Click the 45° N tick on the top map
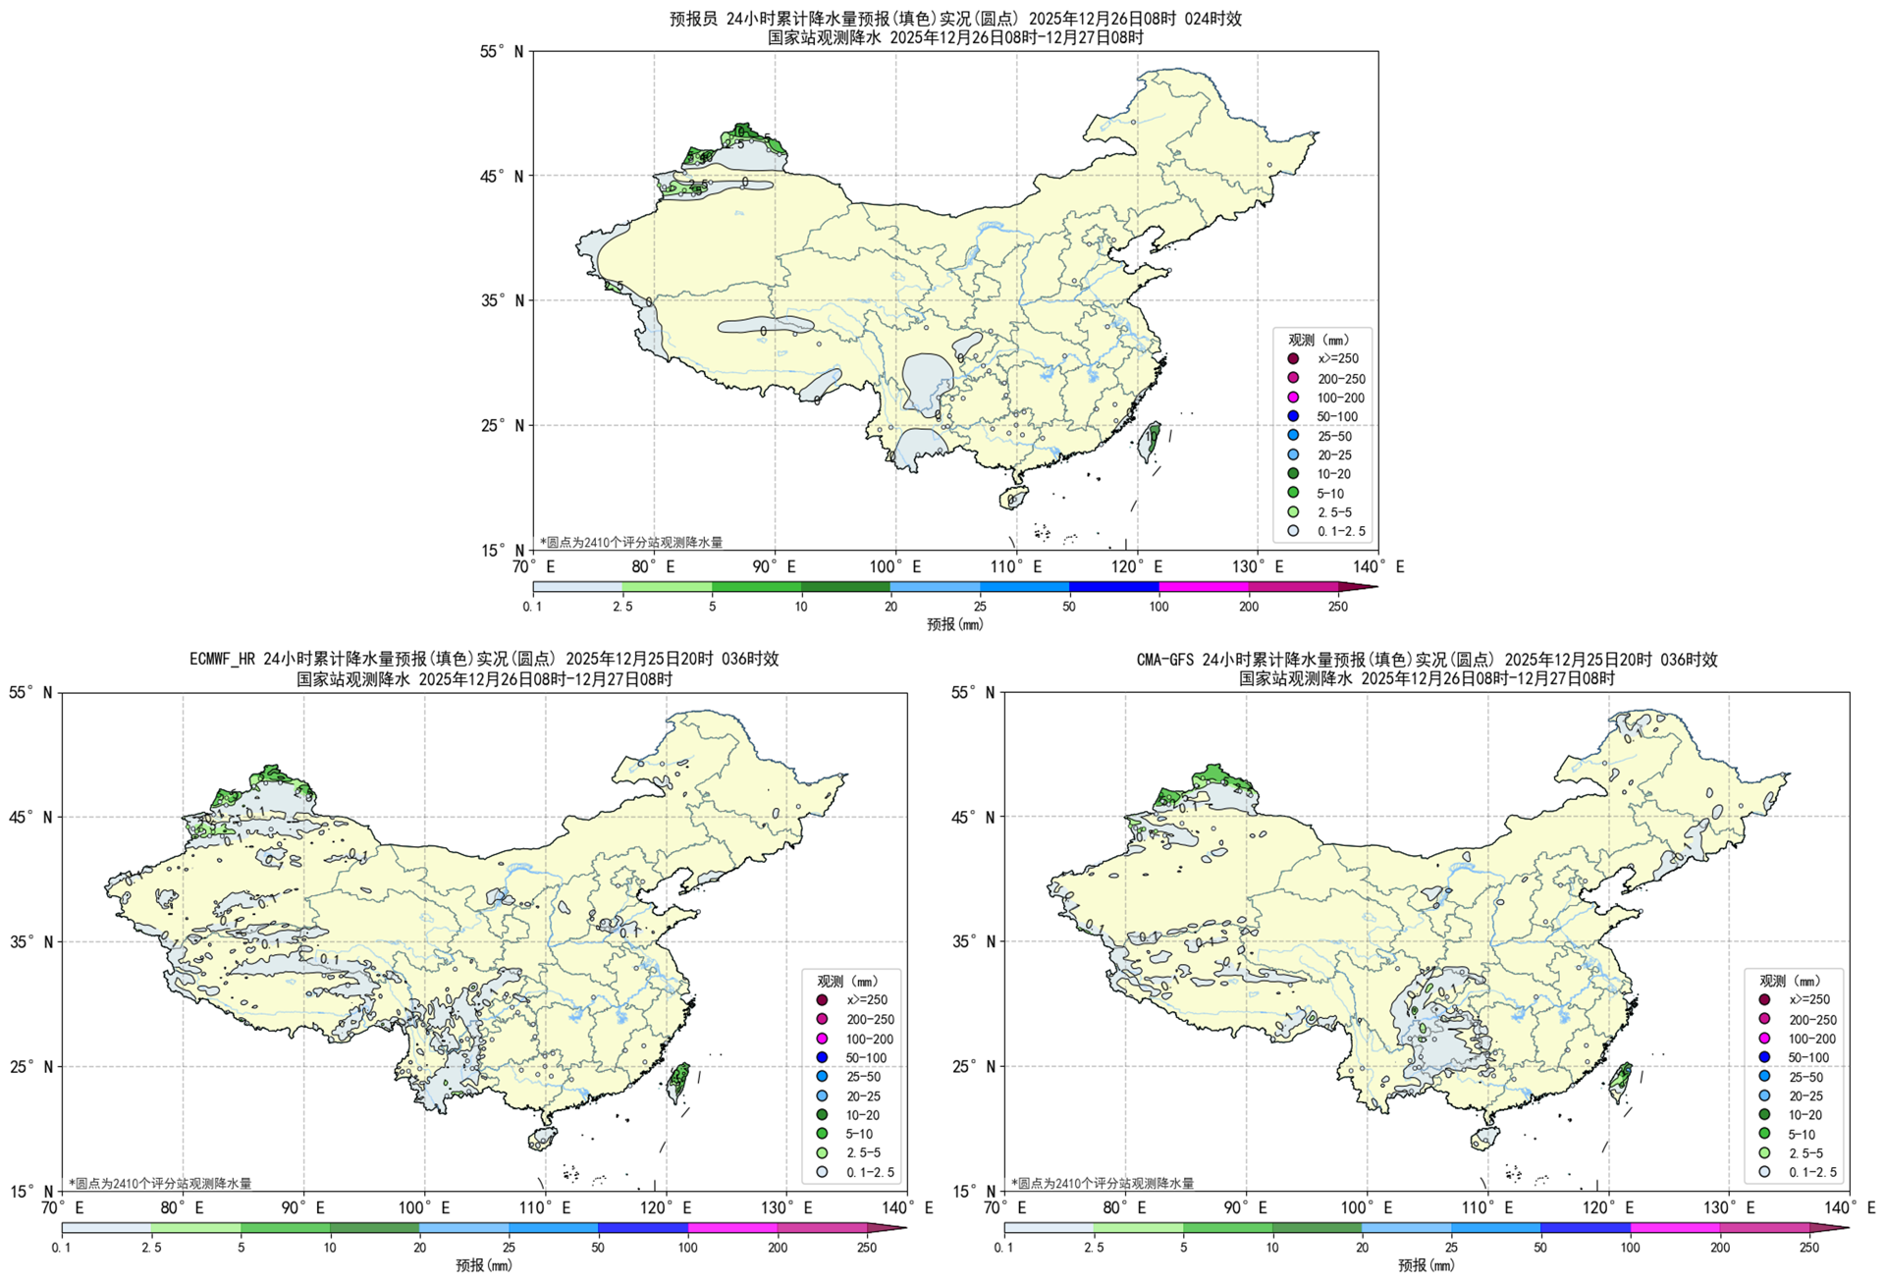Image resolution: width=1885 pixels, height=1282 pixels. (505, 177)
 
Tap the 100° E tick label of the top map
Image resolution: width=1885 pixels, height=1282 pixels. (894, 567)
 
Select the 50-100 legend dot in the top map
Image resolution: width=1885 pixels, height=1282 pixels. (1293, 417)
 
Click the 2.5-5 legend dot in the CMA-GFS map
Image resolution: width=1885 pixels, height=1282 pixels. (1764, 1152)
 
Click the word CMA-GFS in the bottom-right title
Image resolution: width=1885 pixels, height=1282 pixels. (1165, 660)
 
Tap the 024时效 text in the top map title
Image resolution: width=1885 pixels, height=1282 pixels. (1212, 19)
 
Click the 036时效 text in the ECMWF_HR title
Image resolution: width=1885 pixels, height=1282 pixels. (750, 659)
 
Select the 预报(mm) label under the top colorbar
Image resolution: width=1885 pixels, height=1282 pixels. (954, 624)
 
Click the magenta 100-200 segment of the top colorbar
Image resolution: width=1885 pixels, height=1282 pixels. (1204, 587)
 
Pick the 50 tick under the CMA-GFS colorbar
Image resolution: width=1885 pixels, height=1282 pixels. (1540, 1248)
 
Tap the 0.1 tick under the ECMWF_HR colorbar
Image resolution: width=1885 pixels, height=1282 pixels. (61, 1248)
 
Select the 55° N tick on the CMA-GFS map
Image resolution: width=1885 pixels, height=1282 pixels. (975, 693)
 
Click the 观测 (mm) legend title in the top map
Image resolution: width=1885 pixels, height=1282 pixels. (1319, 340)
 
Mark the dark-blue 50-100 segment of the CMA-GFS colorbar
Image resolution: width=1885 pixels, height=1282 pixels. (1585, 1228)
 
